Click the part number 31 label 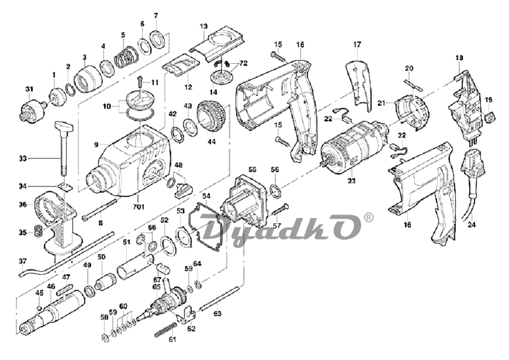pos(29,89)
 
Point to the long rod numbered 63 pos(219,297)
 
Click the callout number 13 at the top pos(203,26)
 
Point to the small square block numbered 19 pos(490,118)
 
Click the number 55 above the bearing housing pos(252,169)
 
